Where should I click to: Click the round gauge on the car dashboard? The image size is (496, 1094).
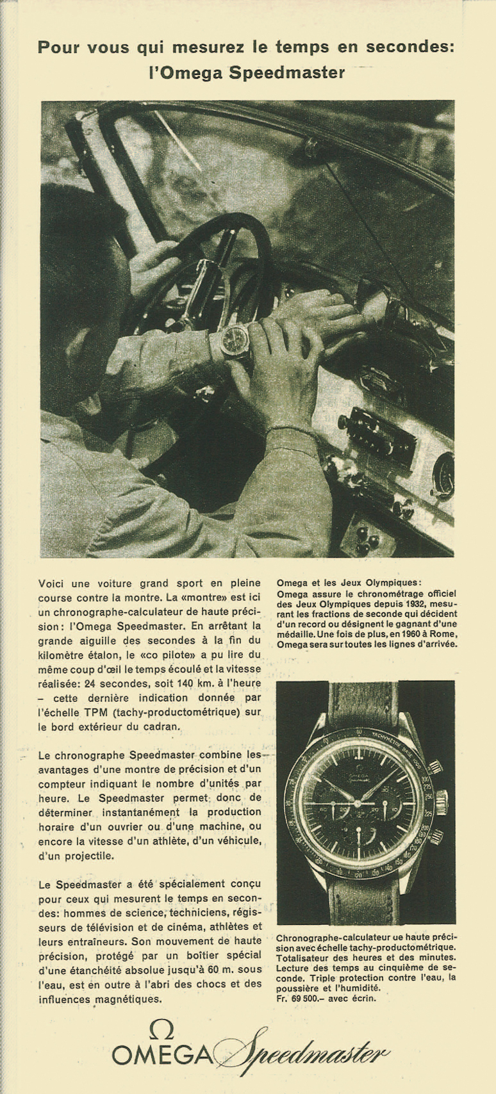[x=443, y=475]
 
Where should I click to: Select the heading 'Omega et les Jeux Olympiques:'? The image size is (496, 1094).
[x=349, y=583]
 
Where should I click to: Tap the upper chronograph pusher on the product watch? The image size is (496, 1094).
[x=435, y=767]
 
